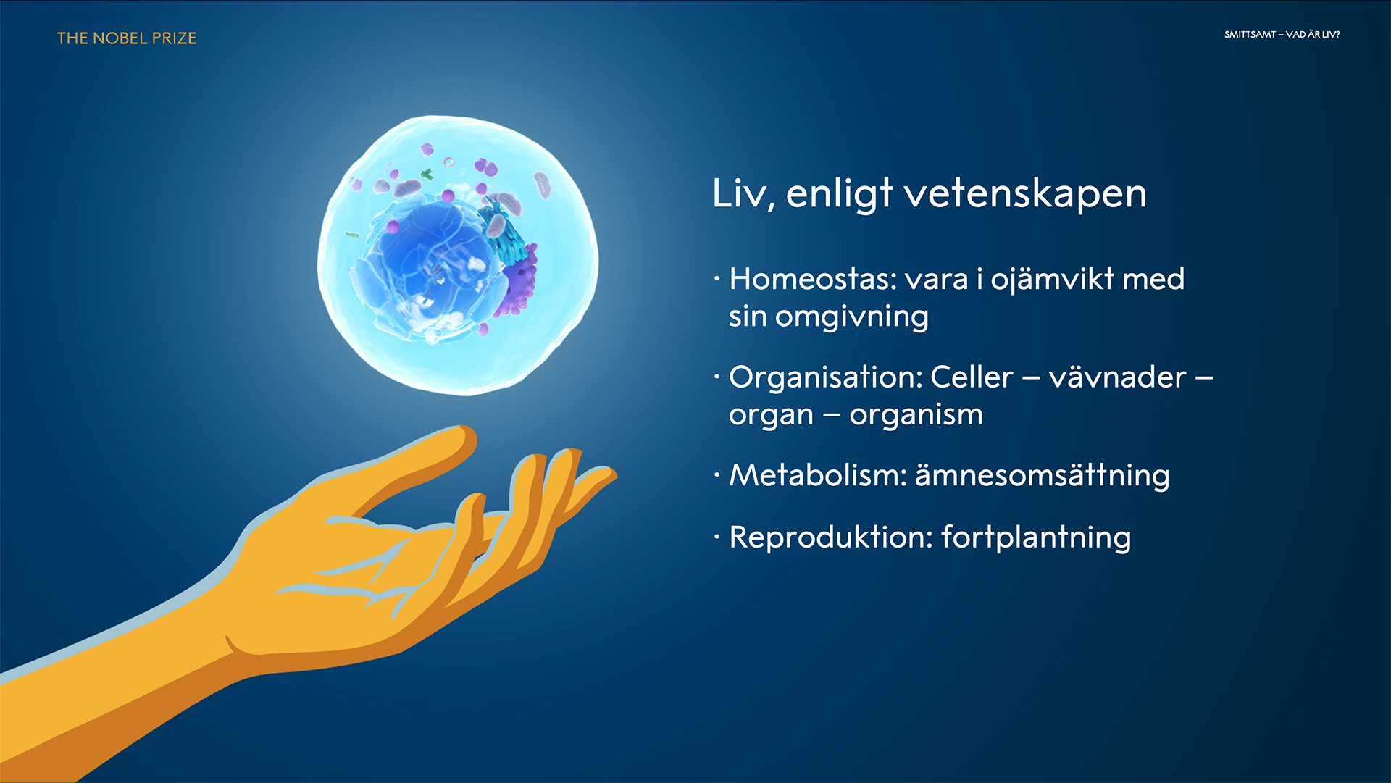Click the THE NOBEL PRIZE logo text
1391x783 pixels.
[x=127, y=38]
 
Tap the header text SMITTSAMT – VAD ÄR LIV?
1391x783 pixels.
[x=1282, y=34]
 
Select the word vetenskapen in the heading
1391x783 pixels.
[x=1025, y=193]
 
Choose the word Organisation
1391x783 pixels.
[x=825, y=377]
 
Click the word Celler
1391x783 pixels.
[x=972, y=377]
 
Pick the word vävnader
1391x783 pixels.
[x=1117, y=377]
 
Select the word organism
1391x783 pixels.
[x=916, y=416]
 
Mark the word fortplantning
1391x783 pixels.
[x=1036, y=538]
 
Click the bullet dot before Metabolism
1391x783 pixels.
[x=717, y=476]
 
